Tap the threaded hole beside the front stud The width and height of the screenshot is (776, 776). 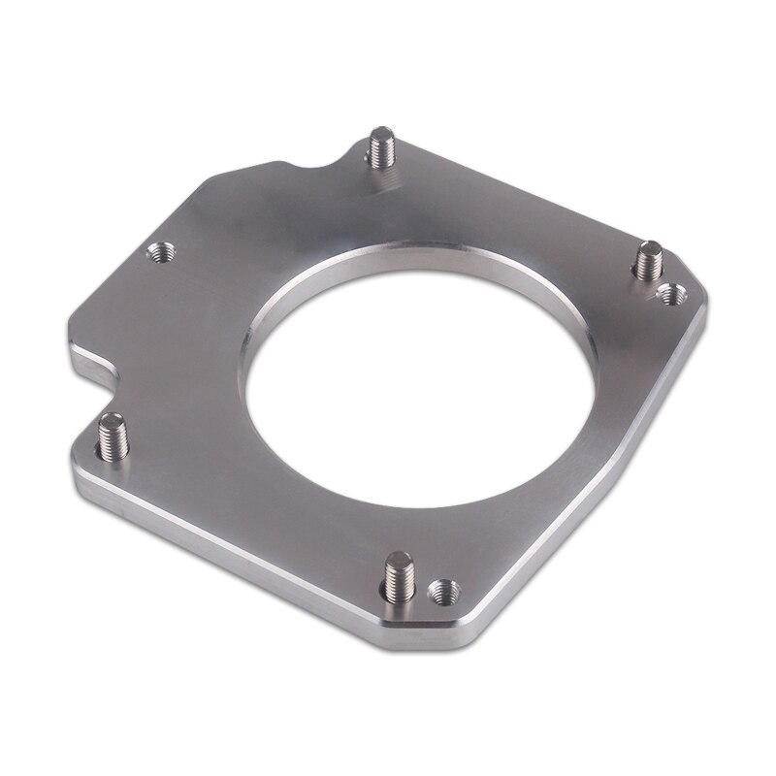pos(443,588)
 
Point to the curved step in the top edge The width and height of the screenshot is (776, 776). pos(320,160)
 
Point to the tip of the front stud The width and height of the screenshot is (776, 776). pos(398,558)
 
